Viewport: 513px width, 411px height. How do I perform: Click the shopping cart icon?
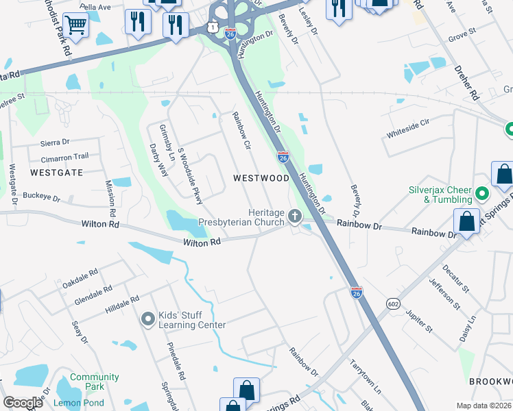click(75, 26)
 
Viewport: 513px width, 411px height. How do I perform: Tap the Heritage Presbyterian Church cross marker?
click(295, 217)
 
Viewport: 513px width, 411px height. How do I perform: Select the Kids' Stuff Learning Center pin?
click(147, 319)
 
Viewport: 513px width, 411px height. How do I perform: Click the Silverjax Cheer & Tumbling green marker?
click(481, 195)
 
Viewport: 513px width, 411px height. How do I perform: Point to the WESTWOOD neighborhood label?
click(261, 178)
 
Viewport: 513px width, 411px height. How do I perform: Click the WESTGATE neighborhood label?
click(56, 173)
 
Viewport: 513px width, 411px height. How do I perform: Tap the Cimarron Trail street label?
click(67, 156)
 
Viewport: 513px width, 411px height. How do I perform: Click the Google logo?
click(23, 403)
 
